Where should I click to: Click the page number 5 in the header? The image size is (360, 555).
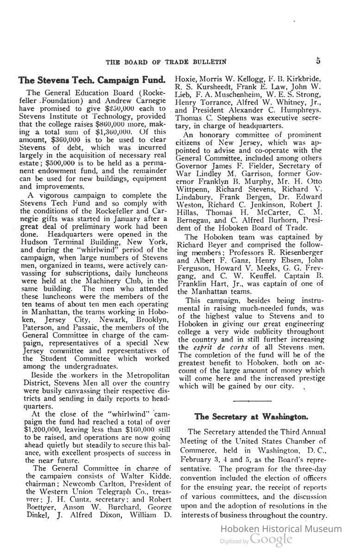point(319,61)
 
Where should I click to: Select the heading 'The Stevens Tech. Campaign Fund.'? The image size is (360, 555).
point(92,80)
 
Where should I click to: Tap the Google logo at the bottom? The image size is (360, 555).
point(271,539)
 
